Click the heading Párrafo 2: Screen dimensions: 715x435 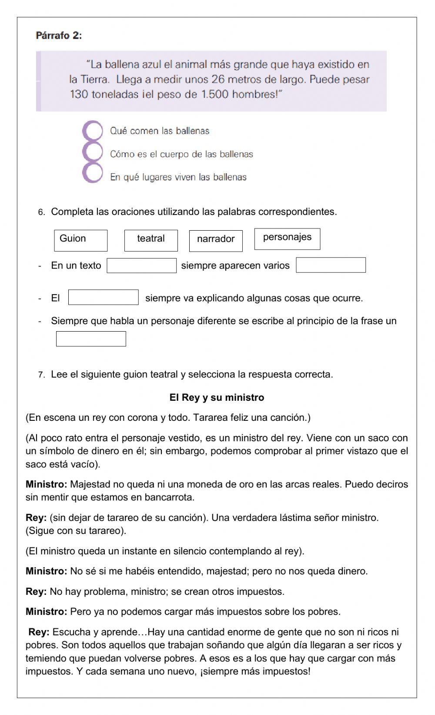click(59, 36)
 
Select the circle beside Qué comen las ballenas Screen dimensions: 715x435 click(92, 130)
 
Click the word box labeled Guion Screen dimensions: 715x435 click(80, 240)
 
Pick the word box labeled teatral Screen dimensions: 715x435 click(151, 240)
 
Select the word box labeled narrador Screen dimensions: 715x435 click(216, 241)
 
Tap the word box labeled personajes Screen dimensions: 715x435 click(287, 239)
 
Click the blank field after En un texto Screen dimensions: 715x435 click(142, 265)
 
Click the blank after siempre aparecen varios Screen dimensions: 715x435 click(331, 265)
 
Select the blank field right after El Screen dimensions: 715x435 click(104, 297)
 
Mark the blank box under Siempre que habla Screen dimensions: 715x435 click(91, 339)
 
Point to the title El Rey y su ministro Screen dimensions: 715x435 click(217, 397)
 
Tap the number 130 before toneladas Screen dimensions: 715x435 click(79, 94)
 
